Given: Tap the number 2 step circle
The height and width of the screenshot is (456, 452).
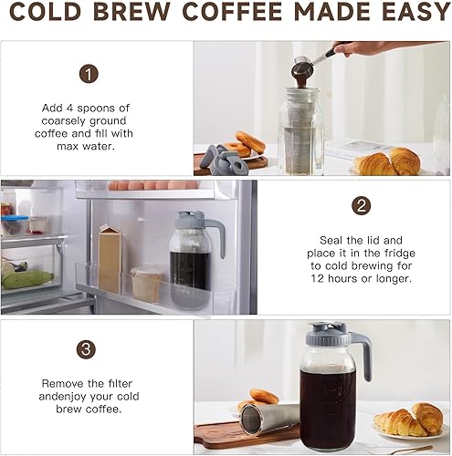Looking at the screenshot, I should click(x=362, y=205).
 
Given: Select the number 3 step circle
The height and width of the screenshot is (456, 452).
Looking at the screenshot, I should click(x=89, y=349).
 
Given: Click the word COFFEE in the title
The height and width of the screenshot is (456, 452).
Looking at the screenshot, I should click(x=237, y=13).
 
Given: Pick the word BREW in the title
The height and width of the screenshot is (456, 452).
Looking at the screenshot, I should click(x=139, y=13).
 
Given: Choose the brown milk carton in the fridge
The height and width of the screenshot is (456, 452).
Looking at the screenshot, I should click(x=110, y=258).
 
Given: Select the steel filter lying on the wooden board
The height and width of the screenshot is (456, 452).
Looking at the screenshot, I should click(x=271, y=418).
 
